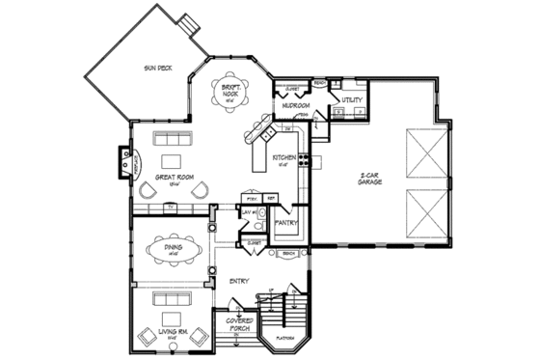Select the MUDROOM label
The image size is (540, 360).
point(295,103)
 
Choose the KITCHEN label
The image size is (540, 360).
point(285,157)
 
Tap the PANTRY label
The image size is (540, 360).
point(287,223)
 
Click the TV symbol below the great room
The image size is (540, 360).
point(171,206)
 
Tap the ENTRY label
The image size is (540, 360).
point(240,282)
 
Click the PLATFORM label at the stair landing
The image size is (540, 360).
point(283,339)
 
